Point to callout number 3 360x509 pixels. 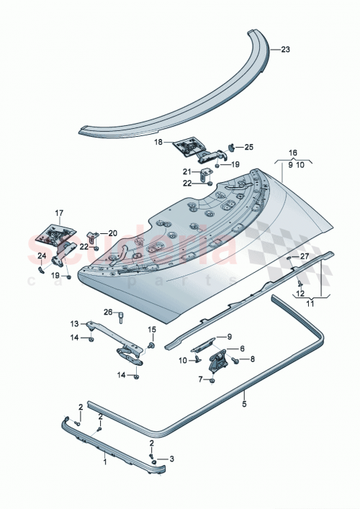point(172,458)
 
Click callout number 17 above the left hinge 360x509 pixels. point(59,212)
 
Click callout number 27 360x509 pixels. point(304,256)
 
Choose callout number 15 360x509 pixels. point(152,330)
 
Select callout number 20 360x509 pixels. point(112,233)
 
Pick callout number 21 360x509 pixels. point(186,171)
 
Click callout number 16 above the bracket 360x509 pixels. point(293,153)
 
